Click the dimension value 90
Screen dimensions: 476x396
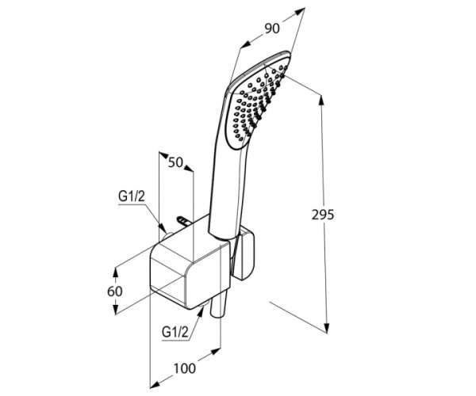click(271, 29)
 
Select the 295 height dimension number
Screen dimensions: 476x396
click(323, 215)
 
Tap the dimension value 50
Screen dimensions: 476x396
click(176, 162)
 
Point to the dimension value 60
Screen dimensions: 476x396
click(115, 291)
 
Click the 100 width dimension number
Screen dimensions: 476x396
click(185, 368)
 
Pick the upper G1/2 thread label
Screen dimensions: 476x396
click(132, 196)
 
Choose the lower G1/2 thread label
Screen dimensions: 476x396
click(175, 332)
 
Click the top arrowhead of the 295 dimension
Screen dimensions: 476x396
click(321, 99)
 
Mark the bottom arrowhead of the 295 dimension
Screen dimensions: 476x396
click(326, 329)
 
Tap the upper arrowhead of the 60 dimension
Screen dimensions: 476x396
click(115, 272)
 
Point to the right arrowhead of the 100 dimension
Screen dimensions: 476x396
click(216, 352)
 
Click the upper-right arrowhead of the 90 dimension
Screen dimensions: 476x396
click(300, 12)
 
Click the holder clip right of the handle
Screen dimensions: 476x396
click(245, 254)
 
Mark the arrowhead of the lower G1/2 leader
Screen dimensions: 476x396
click(201, 312)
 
